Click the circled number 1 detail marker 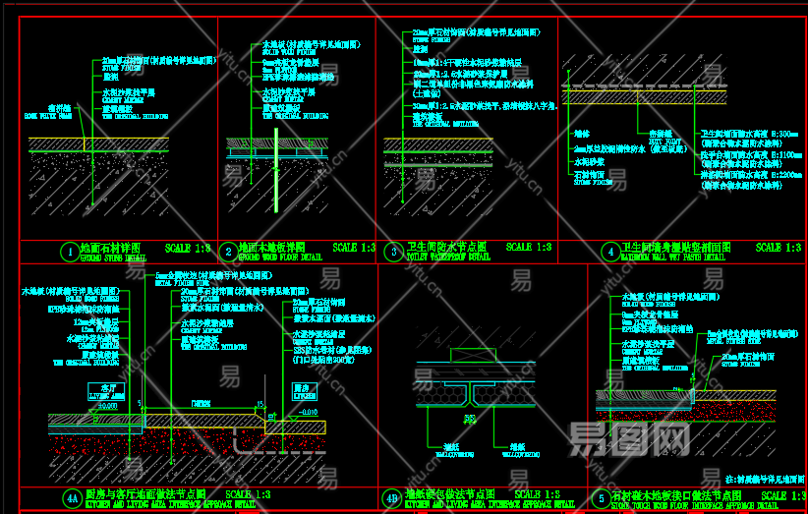click(69, 252)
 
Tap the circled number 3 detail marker click(393, 252)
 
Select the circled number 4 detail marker click(610, 252)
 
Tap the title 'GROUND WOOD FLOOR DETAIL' click(280, 258)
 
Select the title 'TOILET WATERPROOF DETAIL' click(448, 258)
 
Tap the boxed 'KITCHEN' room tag click(301, 391)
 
